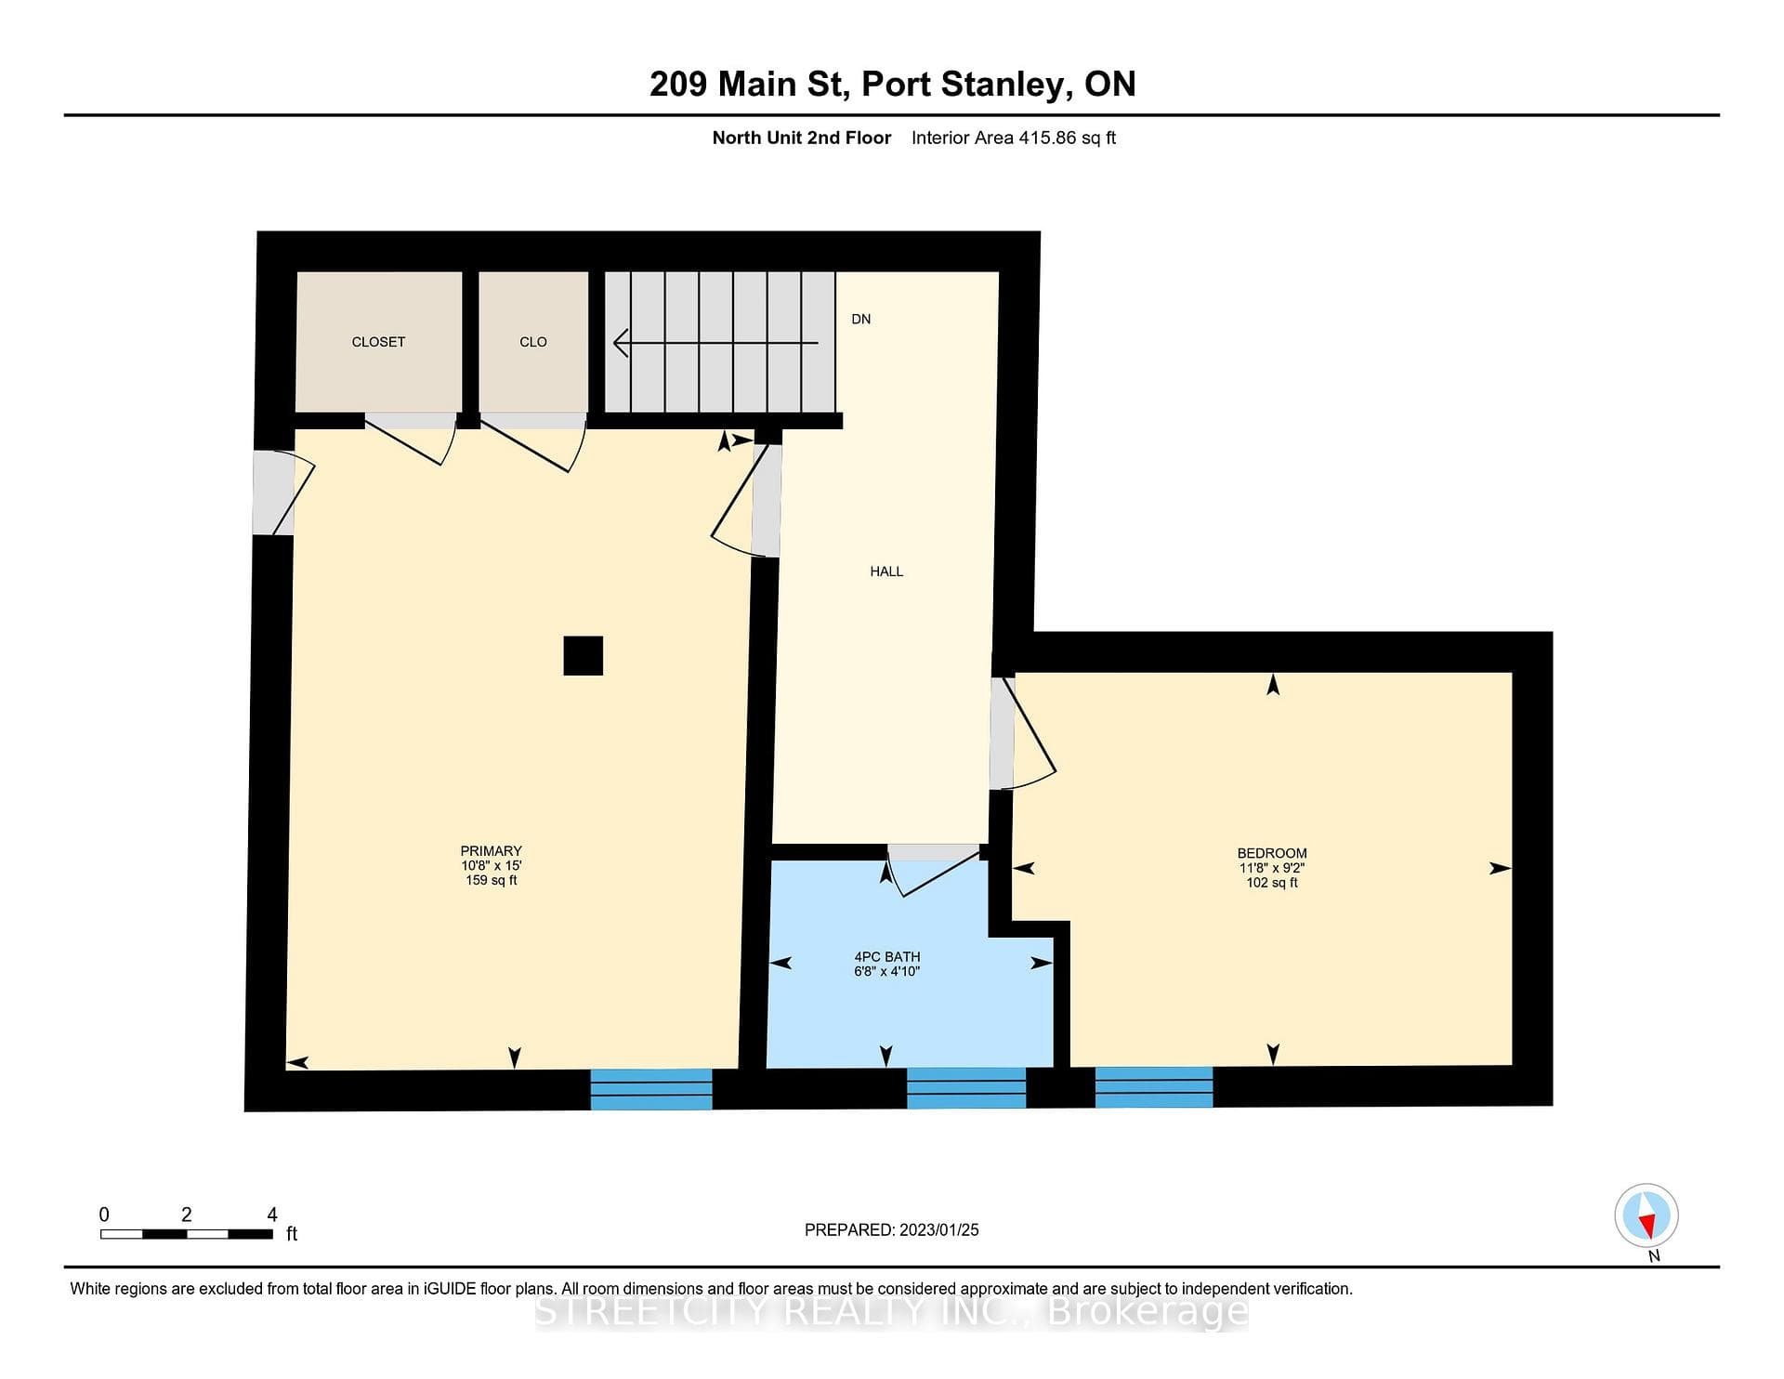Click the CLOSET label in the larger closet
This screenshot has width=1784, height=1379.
click(378, 342)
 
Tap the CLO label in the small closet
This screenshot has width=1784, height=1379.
click(533, 342)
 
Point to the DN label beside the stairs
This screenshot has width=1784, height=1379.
click(861, 319)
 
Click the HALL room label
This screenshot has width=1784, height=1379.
click(886, 571)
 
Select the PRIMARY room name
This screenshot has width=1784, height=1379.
click(492, 851)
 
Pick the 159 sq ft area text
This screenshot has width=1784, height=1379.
click(492, 880)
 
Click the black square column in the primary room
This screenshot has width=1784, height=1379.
click(584, 655)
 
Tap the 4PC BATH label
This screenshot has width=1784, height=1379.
click(887, 956)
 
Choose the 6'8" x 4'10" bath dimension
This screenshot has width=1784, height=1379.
click(887, 971)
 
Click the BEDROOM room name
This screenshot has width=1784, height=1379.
click(1272, 853)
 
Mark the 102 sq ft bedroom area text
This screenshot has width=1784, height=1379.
click(1272, 883)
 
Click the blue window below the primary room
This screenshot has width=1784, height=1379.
click(651, 1089)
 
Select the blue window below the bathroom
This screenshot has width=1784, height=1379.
click(966, 1088)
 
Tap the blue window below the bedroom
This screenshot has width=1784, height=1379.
click(1154, 1087)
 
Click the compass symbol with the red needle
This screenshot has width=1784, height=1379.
click(1646, 1215)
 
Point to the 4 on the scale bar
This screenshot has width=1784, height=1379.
click(272, 1215)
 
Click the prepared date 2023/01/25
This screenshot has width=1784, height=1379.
click(939, 1229)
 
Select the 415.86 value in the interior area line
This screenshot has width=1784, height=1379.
click(1047, 138)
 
